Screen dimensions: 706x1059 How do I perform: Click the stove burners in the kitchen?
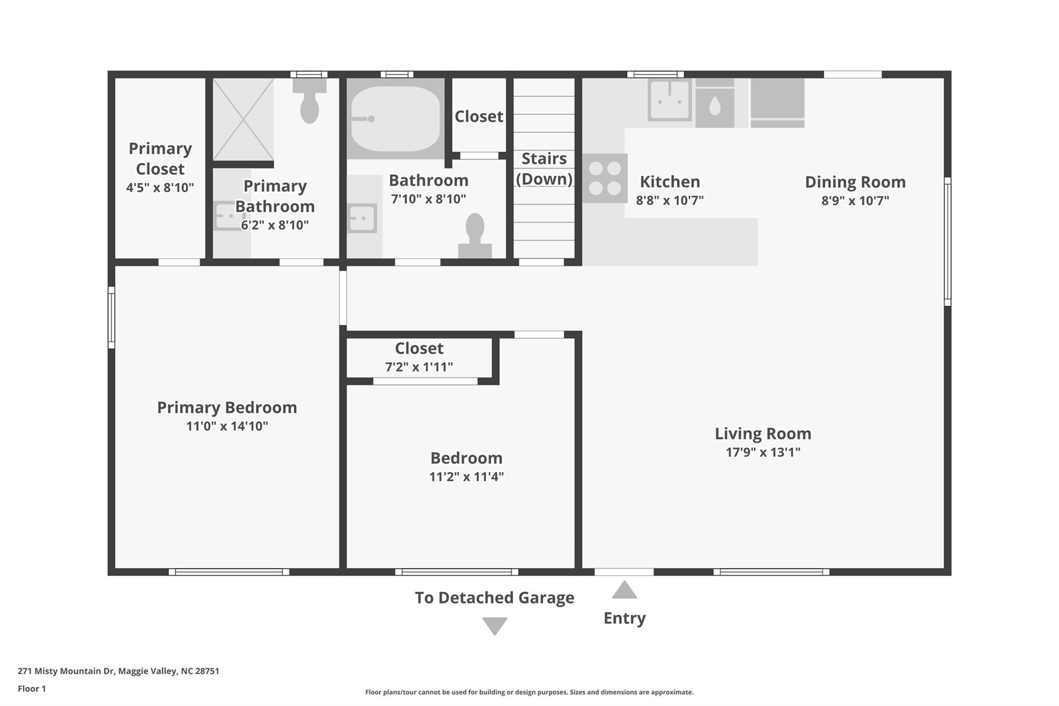(604, 178)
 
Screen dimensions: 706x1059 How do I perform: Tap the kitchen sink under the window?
(669, 100)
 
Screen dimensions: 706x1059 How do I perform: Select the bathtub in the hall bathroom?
(396, 118)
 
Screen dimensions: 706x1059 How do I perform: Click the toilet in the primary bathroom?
(309, 104)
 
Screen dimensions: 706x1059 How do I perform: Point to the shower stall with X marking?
(243, 119)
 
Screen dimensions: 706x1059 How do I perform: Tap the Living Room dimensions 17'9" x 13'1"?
(763, 453)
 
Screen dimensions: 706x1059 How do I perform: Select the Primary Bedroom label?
(227, 408)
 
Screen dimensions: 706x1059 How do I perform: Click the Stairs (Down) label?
(544, 169)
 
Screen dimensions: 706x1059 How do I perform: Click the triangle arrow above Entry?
(624, 591)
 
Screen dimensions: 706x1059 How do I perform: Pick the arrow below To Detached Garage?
(494, 625)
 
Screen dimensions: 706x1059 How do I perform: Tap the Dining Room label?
(855, 182)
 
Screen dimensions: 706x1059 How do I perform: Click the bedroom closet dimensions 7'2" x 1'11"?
(419, 367)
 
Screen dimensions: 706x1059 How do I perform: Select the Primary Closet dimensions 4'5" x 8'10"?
(160, 188)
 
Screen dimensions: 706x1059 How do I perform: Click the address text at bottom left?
(118, 671)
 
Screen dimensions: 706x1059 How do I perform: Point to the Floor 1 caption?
(32, 688)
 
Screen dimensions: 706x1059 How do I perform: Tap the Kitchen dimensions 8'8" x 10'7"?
(670, 201)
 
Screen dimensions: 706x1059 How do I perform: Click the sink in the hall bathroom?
(362, 218)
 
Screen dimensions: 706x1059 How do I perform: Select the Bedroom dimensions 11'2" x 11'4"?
(466, 477)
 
